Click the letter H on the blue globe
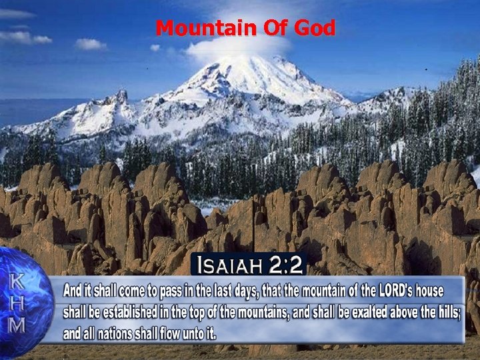coord(17,304)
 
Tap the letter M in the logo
coord(17,326)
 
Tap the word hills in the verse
coord(446,312)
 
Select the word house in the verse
coord(444,291)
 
